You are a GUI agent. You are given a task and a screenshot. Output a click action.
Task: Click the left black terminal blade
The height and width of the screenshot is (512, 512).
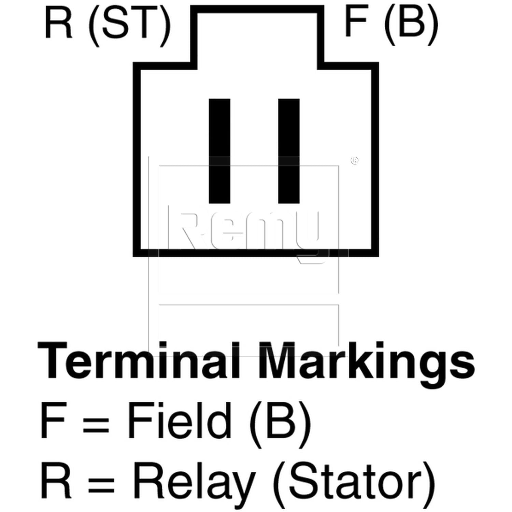pyautogui.click(x=219, y=151)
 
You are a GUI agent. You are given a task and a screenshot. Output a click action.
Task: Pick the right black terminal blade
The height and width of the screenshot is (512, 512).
pyautogui.click(x=289, y=151)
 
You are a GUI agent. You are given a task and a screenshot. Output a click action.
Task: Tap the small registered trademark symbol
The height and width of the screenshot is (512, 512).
pyautogui.click(x=354, y=160)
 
